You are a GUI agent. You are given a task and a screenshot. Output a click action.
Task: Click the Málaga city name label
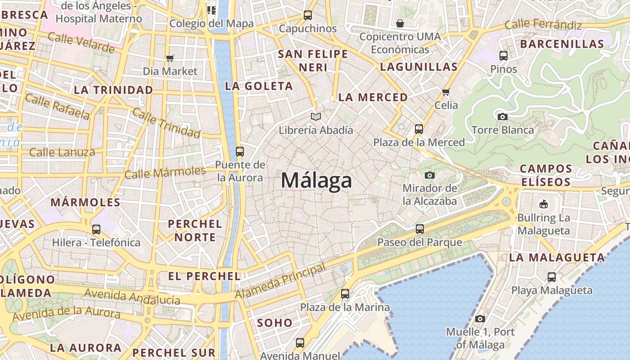[316, 181]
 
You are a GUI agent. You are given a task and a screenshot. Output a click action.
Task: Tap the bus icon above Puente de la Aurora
[240, 151]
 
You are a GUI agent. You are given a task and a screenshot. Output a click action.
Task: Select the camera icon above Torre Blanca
[503, 117]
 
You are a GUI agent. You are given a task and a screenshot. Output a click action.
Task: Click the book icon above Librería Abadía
[316, 117]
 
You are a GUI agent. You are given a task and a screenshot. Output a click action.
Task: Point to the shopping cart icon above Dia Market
[170, 58]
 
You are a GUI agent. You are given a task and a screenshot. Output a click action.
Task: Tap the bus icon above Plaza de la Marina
[345, 294]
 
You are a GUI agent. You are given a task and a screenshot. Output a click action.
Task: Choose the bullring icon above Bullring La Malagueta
[544, 204]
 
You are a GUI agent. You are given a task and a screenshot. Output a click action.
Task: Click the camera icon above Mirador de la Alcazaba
[430, 175]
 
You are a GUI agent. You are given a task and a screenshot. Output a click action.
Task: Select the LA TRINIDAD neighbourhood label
[113, 90]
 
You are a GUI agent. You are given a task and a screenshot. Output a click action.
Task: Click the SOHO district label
[274, 323]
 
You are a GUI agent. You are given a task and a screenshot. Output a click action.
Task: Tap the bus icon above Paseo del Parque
[420, 229]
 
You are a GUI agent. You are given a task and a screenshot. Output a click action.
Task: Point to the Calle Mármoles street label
[165, 172]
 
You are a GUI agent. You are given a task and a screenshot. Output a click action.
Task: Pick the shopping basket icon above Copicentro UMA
[400, 23]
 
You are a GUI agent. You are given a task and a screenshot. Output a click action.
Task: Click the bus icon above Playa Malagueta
[552, 277]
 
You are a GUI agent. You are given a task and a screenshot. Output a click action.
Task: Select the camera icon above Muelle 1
[480, 319]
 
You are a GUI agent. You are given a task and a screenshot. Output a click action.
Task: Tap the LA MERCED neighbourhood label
[373, 97]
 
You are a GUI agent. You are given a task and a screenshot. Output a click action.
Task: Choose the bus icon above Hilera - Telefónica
[96, 229]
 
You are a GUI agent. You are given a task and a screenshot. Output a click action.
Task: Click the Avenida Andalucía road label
[132, 297]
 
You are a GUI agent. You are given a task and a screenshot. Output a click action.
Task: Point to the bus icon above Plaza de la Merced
[419, 129]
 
